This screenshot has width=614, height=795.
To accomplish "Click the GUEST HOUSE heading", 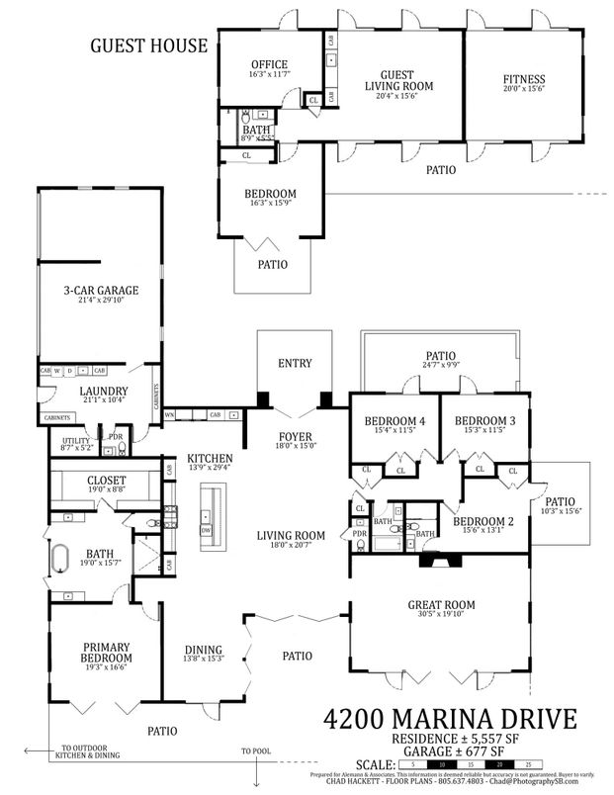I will tap(149, 44).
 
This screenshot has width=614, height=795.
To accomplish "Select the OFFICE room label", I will tap(268, 65).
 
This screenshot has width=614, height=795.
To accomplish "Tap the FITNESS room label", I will tap(523, 80).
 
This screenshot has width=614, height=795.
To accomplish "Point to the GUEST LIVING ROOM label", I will tap(399, 80).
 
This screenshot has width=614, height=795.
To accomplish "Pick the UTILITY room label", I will tap(76, 440).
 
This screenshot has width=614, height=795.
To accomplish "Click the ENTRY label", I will tap(295, 364).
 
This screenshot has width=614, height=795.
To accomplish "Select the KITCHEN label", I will tap(210, 459).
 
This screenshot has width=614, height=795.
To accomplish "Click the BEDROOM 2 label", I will tap(481, 521).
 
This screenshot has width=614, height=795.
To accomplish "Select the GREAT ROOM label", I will tap(441, 604).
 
